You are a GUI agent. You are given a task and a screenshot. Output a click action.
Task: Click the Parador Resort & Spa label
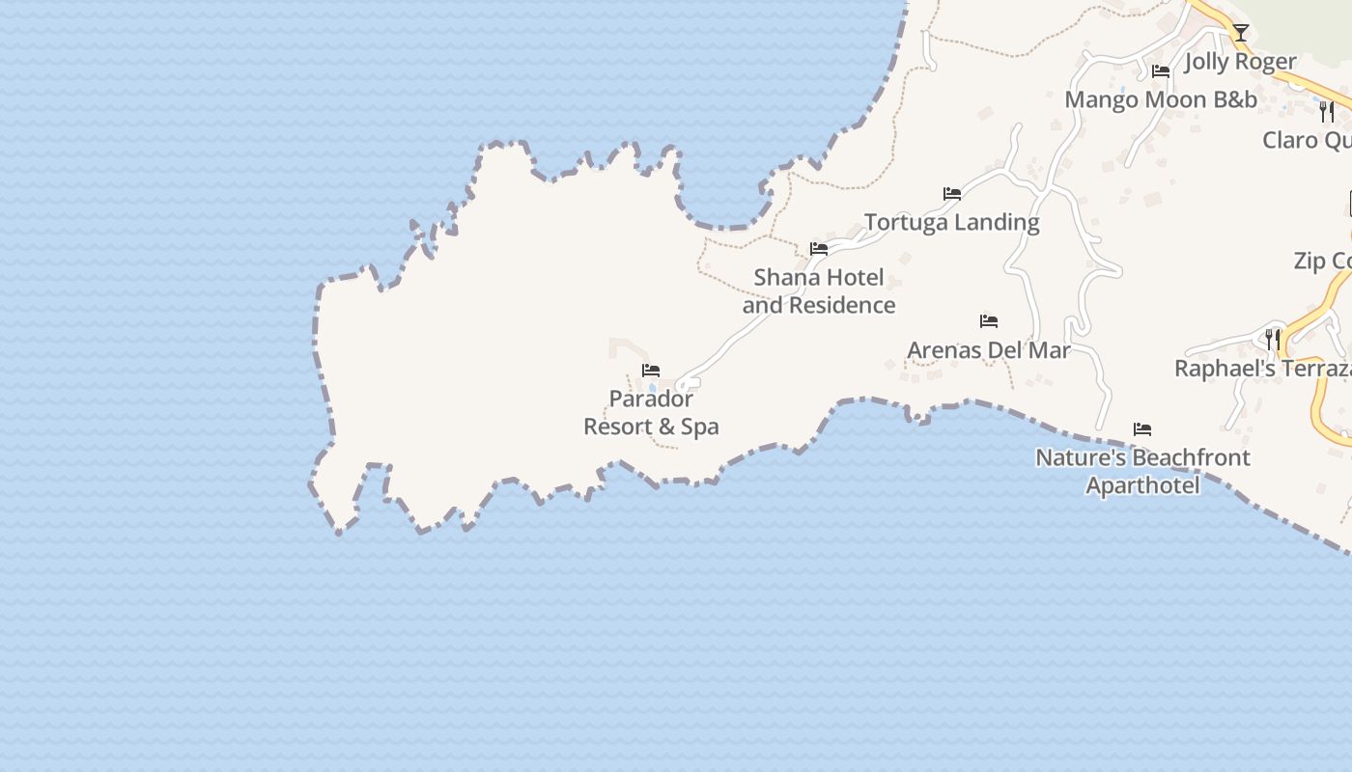coord(651,412)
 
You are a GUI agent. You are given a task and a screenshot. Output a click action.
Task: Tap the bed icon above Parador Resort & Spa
coord(651,371)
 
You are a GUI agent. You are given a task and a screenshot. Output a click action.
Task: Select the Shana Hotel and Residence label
coord(819,291)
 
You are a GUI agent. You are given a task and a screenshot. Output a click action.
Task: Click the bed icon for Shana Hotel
coord(819,249)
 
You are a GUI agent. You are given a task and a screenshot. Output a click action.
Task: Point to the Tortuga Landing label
coord(951,222)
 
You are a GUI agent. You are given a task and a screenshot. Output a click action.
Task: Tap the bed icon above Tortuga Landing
coord(952,194)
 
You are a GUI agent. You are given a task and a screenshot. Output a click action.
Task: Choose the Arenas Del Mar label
coord(989,349)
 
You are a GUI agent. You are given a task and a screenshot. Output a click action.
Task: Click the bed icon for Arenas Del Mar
coord(989,321)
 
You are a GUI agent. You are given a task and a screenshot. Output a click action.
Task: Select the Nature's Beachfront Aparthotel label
coord(1142,471)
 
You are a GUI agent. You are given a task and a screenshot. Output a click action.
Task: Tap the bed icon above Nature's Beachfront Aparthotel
coord(1142,429)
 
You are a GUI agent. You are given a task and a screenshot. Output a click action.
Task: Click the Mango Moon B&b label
coord(1161,99)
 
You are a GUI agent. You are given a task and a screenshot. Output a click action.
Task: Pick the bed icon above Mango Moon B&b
coord(1161,71)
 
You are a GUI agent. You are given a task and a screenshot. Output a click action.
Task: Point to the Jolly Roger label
coord(1240,62)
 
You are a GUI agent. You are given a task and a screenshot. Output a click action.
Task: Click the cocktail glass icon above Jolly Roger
coord(1241,33)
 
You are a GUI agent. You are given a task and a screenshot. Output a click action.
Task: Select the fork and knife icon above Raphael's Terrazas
coord(1273,340)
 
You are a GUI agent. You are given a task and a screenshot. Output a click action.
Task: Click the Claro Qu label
coord(1307,140)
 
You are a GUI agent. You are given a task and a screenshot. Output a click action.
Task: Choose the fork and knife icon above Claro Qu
coord(1327,112)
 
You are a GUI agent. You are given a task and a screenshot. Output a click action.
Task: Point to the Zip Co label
coord(1322,261)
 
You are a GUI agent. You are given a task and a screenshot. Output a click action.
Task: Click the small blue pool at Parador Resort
coord(653,388)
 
